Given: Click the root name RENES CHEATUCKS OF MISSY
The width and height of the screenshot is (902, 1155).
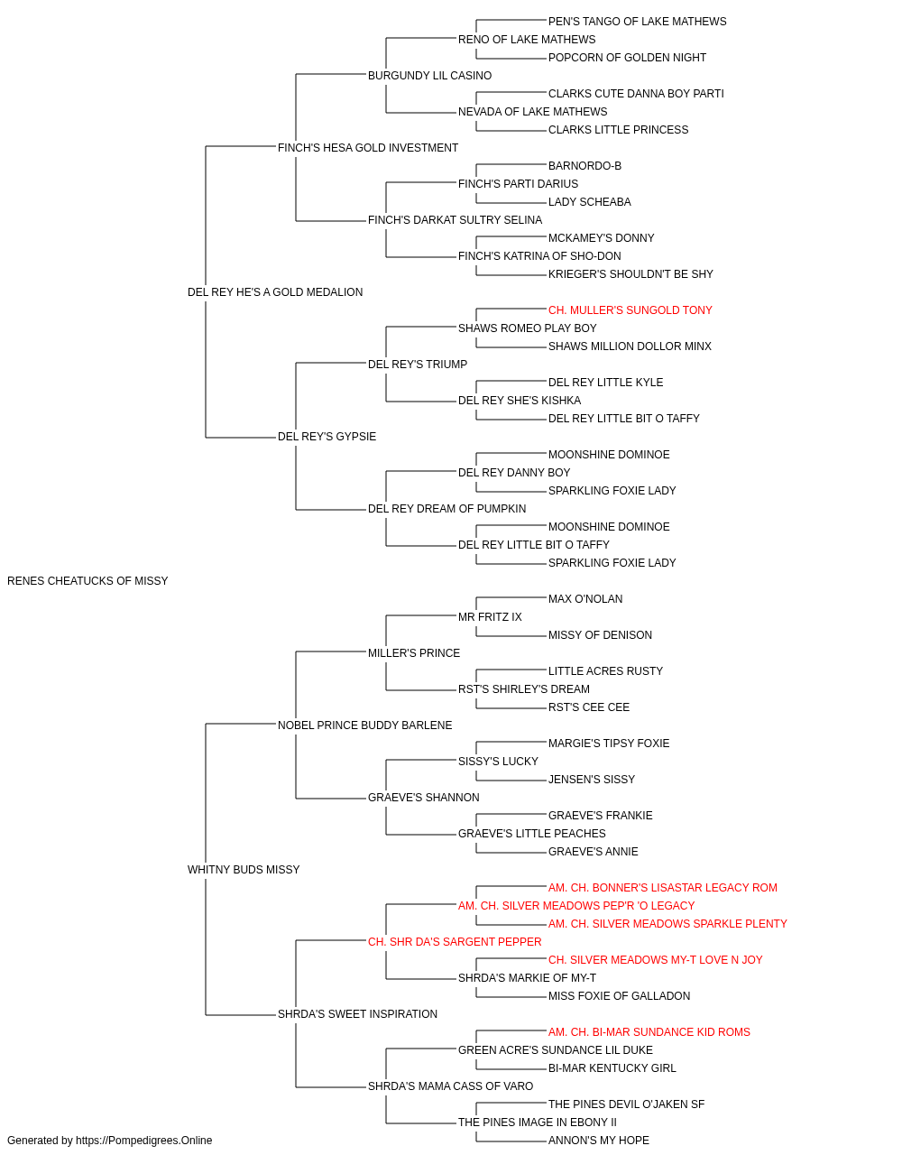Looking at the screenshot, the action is pyautogui.click(x=87, y=581).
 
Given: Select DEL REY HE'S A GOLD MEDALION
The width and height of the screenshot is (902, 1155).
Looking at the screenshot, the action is pyautogui.click(x=275, y=291).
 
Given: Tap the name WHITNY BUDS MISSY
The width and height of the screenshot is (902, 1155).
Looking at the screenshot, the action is pyautogui.click(x=244, y=870).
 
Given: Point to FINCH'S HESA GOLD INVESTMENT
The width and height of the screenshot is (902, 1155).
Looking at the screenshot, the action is pyautogui.click(x=368, y=148).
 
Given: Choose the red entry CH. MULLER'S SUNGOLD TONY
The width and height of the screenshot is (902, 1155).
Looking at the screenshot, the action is pyautogui.click(x=630, y=310).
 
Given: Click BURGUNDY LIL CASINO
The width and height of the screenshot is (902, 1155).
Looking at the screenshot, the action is pyautogui.click(x=429, y=76).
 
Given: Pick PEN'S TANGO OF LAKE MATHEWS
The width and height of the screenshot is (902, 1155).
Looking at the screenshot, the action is pyautogui.click(x=638, y=22).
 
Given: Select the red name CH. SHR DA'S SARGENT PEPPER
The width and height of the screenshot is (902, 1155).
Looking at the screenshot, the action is pyautogui.click(x=455, y=942).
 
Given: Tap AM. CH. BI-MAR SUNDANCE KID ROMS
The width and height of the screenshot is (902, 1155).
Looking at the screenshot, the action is pyautogui.click(x=649, y=1032).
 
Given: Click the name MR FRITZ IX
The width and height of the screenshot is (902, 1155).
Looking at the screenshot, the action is pyautogui.click(x=490, y=617).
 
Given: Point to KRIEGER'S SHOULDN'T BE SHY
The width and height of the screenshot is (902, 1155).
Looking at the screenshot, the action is pyautogui.click(x=630, y=273).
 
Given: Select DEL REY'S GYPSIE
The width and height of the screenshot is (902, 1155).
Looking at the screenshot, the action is pyautogui.click(x=327, y=437).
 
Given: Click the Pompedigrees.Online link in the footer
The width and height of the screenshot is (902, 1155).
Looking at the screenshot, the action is pyautogui.click(x=143, y=1141).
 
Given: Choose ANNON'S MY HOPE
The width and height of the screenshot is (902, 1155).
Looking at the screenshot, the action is pyautogui.click(x=599, y=1141).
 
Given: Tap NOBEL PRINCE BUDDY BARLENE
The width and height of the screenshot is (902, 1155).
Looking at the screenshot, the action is pyautogui.click(x=365, y=725).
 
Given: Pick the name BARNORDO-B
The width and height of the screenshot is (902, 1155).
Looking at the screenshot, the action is pyautogui.click(x=584, y=166).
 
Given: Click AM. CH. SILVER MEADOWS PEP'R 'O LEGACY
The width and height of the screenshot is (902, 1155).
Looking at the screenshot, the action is pyautogui.click(x=576, y=906).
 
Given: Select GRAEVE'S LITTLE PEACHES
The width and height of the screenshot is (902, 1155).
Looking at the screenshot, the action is pyautogui.click(x=532, y=834).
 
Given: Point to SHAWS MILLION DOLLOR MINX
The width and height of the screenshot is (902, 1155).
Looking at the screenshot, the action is pyautogui.click(x=630, y=346).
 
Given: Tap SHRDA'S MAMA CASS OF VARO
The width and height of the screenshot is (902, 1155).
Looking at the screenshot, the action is pyautogui.click(x=450, y=1086).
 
